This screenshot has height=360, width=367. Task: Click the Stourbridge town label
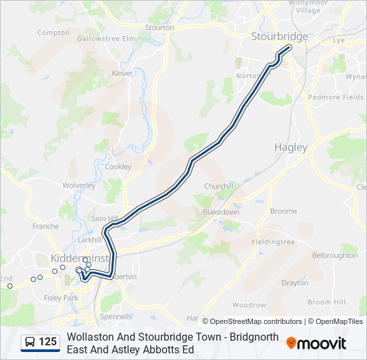280,36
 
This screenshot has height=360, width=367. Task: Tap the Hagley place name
291,147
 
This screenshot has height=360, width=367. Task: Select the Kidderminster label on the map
73,258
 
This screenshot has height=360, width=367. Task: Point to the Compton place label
53,32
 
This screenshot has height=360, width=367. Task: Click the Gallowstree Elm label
106,39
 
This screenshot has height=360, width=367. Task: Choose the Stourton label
159,27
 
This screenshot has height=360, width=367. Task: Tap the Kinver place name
122,73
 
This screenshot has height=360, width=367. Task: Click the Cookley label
118,167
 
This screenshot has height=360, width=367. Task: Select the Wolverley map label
79,185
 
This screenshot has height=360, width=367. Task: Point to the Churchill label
219,186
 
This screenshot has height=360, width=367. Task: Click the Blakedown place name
221,212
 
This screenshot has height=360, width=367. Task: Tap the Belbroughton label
335,255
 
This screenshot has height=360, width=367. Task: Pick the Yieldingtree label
272,241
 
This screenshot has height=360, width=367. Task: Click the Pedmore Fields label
336,97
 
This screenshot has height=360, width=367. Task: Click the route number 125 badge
47,342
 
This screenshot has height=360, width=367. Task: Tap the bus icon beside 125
30,343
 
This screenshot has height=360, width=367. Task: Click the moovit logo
316,343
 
